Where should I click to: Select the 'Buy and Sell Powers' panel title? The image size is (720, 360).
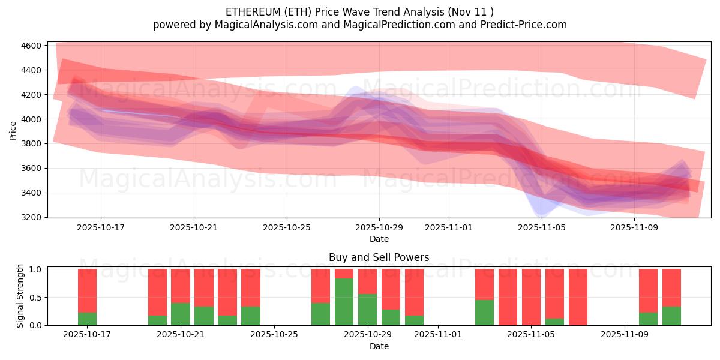click(379, 257)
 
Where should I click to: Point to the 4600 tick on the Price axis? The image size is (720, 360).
click(31, 46)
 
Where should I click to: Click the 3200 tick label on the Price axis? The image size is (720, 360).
click(31, 217)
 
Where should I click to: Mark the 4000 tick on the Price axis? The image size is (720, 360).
click(31, 119)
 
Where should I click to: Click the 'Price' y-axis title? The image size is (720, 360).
click(13, 130)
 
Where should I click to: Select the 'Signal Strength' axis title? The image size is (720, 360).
click(20, 296)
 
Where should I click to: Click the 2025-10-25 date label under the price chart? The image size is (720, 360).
click(286, 228)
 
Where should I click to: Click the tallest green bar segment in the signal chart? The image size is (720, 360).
click(344, 302)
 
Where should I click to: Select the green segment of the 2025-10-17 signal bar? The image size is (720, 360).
click(87, 319)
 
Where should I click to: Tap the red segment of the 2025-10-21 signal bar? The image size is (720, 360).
click(181, 286)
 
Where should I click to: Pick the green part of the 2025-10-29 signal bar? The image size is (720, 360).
click(367, 310)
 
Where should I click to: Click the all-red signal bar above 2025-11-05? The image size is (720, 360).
click(531, 297)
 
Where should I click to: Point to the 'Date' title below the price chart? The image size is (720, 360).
click(379, 239)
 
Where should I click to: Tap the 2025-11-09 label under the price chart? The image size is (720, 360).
click(635, 228)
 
